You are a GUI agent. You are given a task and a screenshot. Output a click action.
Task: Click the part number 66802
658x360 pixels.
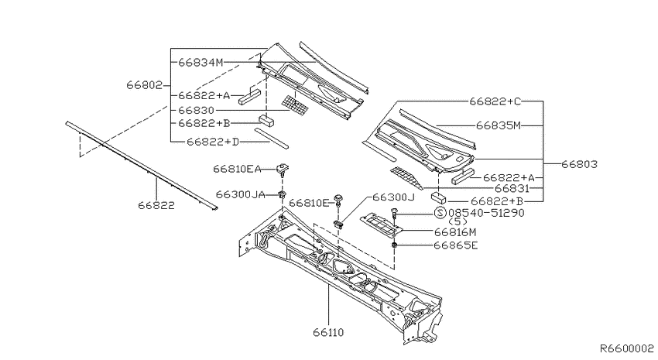(144, 85)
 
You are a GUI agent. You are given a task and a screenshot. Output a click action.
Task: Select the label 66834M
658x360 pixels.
(200, 63)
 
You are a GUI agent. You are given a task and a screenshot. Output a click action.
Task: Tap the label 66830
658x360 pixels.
(196, 111)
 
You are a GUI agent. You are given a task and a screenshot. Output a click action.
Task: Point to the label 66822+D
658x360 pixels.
(213, 142)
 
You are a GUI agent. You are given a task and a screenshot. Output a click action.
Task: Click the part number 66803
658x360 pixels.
(579, 164)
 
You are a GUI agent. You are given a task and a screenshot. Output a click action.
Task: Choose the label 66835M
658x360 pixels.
(498, 125)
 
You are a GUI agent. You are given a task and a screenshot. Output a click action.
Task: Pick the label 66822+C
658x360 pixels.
(495, 101)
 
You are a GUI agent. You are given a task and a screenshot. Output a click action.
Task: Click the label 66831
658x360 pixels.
(512, 189)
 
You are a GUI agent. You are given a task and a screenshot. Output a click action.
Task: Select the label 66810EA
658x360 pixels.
(237, 169)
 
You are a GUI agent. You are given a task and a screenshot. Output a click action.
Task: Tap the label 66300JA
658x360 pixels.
(241, 194)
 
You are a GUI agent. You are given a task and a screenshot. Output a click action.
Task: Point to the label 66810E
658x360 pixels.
(310, 203)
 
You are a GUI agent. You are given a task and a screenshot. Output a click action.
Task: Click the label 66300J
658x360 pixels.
(393, 197)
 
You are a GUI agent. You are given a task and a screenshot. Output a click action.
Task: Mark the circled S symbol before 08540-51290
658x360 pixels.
(440, 213)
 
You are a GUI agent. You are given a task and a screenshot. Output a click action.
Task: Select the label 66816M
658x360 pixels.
(455, 232)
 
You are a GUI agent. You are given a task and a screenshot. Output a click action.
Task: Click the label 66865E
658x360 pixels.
(455, 245)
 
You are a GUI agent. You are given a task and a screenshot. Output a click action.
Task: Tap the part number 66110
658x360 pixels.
(328, 333)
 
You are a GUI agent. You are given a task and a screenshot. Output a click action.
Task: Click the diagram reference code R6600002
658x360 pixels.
(626, 348)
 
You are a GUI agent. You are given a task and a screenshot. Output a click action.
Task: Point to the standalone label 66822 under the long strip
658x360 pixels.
(156, 206)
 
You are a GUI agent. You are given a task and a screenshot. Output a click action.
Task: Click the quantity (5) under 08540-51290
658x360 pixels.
(458, 221)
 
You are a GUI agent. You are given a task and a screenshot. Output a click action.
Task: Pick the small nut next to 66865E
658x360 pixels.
(395, 245)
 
